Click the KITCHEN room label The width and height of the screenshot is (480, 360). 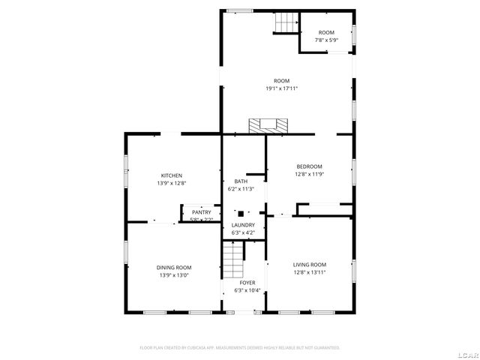click(x=171, y=175)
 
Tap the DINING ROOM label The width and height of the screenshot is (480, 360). click(x=173, y=268)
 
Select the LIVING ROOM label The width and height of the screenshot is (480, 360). click(x=309, y=264)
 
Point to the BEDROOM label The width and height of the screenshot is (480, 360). click(x=309, y=166)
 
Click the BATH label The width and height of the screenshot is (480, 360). click(x=241, y=181)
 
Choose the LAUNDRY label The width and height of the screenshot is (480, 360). click(x=242, y=225)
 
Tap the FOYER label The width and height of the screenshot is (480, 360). click(x=247, y=283)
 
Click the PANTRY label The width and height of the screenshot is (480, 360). click(x=201, y=212)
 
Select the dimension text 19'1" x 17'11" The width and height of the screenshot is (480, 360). click(x=281, y=88)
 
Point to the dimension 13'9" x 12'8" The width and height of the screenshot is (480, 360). click(x=171, y=183)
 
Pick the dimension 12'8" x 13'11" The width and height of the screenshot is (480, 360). click(x=309, y=271)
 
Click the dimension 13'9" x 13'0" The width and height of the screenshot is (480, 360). click(x=173, y=275)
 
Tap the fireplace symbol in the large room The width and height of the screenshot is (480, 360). click(x=268, y=125)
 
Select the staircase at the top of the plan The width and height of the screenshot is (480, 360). click(x=284, y=23)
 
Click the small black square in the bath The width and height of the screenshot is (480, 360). click(x=240, y=212)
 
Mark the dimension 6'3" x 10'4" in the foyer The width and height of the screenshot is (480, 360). click(x=247, y=290)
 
